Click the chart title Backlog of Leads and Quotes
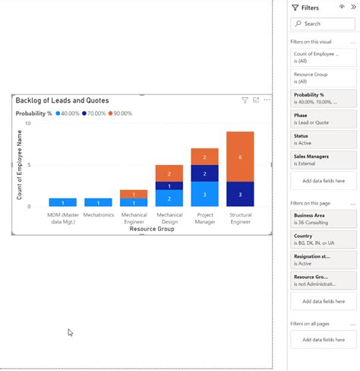pos(62,100)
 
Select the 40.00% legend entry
pos(68,113)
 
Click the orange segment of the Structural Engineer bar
pos(240,157)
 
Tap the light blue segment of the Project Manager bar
pos(204,194)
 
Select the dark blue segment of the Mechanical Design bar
pos(169,185)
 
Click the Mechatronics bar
pos(98,202)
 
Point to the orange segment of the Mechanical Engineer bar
pos(134,194)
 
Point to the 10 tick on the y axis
pos(28,123)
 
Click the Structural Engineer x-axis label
pos(240,218)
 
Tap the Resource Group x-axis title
pos(152,229)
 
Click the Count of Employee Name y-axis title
pos(20,165)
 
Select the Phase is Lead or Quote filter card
pos(323,118)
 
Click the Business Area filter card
pos(323,218)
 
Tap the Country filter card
pos(323,239)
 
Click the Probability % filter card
pos(323,98)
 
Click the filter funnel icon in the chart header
pos(245,100)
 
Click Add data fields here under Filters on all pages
pos(323,339)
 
